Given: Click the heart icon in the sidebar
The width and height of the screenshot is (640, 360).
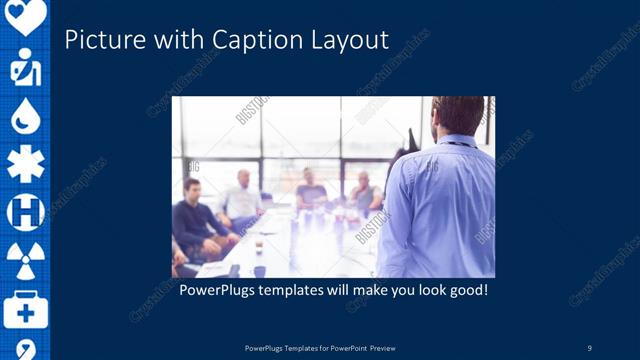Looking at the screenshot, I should (25, 15).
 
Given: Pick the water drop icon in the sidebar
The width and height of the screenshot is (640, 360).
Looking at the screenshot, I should (25, 118).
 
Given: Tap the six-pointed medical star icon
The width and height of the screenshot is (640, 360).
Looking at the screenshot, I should (25, 164).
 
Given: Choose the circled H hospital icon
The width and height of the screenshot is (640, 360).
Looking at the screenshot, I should (25, 212).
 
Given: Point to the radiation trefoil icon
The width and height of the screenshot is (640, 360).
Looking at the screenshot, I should (25, 260).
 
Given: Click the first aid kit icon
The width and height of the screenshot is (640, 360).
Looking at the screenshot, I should (25, 309).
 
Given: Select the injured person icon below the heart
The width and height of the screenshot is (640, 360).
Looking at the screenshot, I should (25, 68).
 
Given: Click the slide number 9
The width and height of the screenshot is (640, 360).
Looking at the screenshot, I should (590, 347).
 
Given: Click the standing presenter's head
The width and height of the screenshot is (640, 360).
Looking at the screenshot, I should (459, 115).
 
